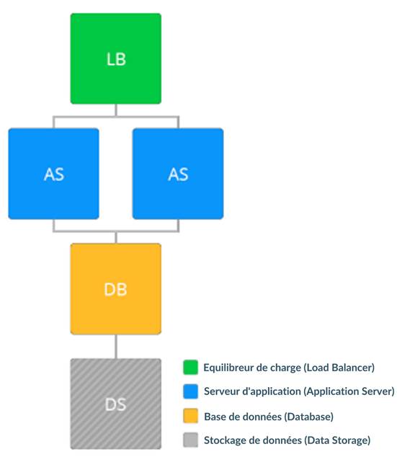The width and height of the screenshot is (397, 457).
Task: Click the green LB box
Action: coord(115,58)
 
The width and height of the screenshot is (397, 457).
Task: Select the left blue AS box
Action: coord(53,174)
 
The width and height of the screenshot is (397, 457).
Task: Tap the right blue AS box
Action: coord(178,174)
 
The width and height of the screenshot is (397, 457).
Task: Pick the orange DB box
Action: coord(115,289)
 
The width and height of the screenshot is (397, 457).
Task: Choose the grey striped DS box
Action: coord(115,404)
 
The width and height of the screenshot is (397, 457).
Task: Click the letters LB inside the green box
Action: coord(116,59)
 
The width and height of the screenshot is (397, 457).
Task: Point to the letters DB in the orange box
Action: coord(115,290)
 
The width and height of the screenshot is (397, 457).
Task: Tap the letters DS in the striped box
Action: coord(115,404)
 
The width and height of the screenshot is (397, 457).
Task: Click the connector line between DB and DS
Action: coord(116,347)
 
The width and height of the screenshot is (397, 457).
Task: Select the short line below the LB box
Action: coord(116,110)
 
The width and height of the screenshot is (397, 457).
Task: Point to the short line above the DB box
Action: coord(116,238)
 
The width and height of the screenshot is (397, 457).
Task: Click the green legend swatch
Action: coord(190,367)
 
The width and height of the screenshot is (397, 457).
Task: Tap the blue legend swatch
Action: coord(190,391)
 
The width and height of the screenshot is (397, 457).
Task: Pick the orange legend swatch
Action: coord(190,416)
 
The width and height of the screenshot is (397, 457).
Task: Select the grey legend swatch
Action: coord(190,440)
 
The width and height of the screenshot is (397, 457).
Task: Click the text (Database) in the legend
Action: coord(308,417)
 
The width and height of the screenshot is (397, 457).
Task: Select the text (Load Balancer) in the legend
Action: coord(339,368)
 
